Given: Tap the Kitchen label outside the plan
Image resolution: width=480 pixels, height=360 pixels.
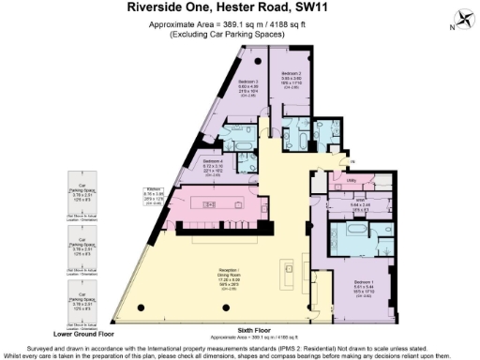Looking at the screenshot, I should (x=153, y=188).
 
